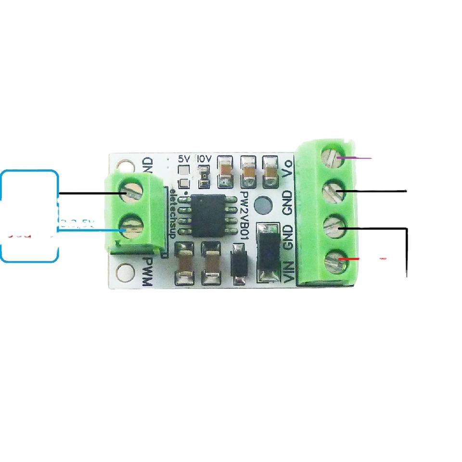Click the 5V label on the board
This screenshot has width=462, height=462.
(183, 158)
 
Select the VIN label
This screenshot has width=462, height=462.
(289, 272)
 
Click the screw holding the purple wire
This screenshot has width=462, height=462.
(332, 157)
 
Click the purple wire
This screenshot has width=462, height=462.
(356, 158)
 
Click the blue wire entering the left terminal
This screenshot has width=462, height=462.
(91, 231)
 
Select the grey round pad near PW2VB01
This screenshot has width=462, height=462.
(263, 206)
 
